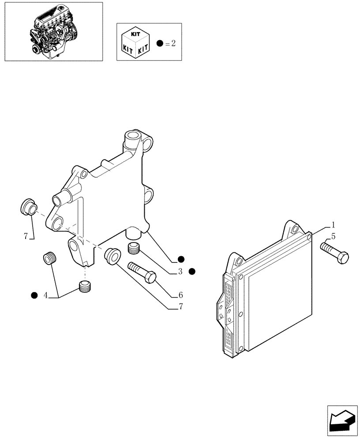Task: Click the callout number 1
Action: pos(334,224)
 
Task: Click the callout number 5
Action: pos(334,236)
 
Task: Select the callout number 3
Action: pos(180,272)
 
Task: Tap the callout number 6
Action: pos(180,295)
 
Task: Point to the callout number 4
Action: pos(45,295)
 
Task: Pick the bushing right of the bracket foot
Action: pos(112,257)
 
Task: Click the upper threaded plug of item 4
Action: pos(50,258)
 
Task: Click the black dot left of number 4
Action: pos(34,295)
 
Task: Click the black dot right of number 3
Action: pos(192,271)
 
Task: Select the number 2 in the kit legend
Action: pos(173,43)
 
